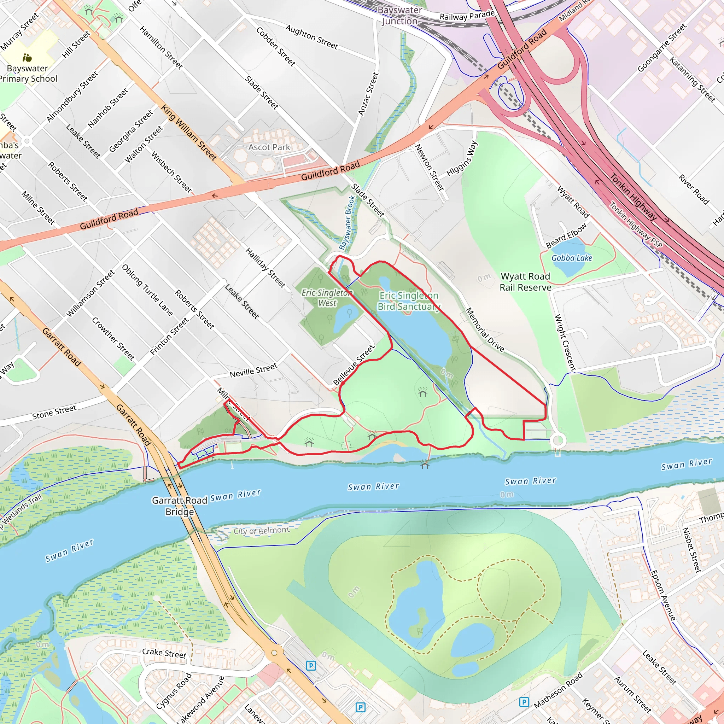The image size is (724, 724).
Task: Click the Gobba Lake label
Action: [572, 258]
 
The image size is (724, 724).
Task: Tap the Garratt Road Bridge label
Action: [180, 506]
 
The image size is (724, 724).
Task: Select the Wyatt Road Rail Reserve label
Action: [525, 282]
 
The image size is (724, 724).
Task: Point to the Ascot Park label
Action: [269, 147]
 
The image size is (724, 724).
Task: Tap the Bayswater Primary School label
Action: [28, 74]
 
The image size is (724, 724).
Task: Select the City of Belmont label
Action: [262, 530]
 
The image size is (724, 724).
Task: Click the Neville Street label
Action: [253, 370]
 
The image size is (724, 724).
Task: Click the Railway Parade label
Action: [467, 15]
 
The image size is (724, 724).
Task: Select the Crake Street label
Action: [164, 653]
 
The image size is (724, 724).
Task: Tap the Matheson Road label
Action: [558, 690]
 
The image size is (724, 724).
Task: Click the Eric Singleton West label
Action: [327, 298]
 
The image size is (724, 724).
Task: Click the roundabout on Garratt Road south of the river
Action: [274, 653]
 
